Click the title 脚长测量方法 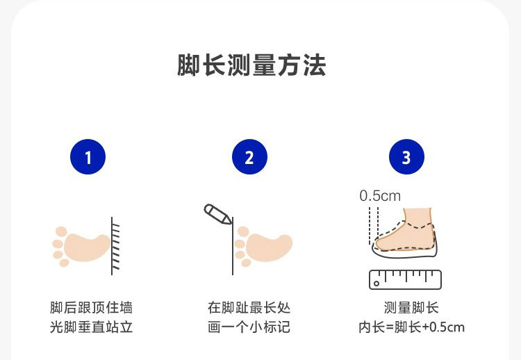tap(251, 66)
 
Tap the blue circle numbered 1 tap(88, 158)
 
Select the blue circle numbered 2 tap(249, 158)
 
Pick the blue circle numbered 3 tap(406, 158)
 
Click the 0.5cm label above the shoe tap(380, 196)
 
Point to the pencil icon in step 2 tap(217, 214)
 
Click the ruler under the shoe tap(406, 279)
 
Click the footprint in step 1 tap(83, 245)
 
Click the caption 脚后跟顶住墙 tap(91, 307)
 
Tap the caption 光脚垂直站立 tap(91, 326)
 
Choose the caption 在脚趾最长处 tap(249, 307)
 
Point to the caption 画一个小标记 tap(249, 326)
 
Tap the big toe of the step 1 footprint tap(61, 231)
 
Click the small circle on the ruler tap(377, 283)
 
